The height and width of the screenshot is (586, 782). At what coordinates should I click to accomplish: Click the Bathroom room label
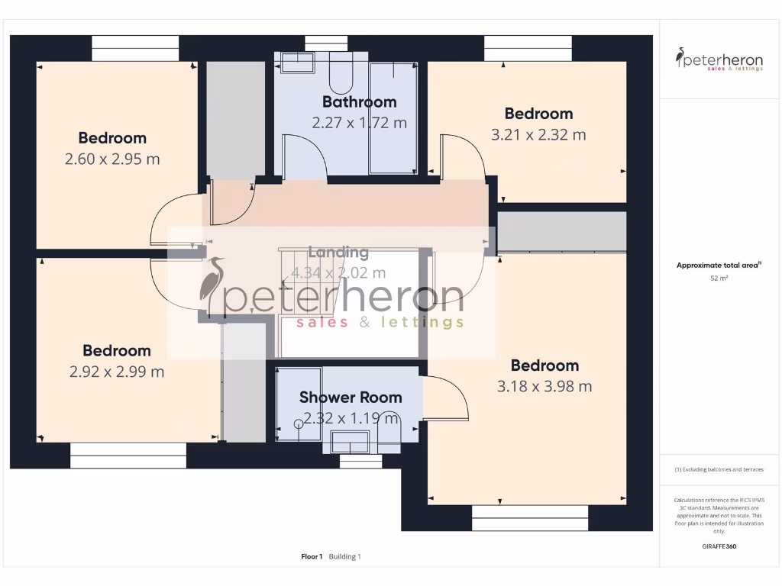pyautogui.click(x=359, y=101)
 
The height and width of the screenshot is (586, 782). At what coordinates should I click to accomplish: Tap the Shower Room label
pyautogui.click(x=350, y=397)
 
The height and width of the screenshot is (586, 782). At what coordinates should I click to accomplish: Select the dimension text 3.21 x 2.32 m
pyautogui.click(x=538, y=135)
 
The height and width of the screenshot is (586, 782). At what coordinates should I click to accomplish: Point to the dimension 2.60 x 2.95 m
pyautogui.click(x=112, y=159)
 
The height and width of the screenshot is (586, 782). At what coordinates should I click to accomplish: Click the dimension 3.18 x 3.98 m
pyautogui.click(x=544, y=387)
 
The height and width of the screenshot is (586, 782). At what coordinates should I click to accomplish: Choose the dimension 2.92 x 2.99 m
pyautogui.click(x=117, y=372)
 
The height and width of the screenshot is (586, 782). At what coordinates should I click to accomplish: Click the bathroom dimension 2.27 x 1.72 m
pyautogui.click(x=359, y=122)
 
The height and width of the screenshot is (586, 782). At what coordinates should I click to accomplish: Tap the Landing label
pyautogui.click(x=338, y=252)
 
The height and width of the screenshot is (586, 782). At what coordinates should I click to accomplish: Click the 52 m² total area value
pyautogui.click(x=719, y=279)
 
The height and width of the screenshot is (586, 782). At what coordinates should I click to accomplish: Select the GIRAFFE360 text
pyautogui.click(x=719, y=546)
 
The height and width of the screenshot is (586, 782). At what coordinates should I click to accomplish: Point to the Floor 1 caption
pyautogui.click(x=312, y=556)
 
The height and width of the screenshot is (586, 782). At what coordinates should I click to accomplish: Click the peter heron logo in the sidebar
pyautogui.click(x=719, y=60)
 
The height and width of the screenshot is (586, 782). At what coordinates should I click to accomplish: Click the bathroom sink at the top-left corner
pyautogui.click(x=297, y=63)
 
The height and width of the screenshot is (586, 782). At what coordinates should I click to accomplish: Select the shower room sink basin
pyautogui.click(x=350, y=440)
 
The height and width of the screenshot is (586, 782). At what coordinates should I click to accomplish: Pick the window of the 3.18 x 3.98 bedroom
pyautogui.click(x=530, y=517)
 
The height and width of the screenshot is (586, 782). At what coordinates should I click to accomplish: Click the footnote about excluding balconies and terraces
pyautogui.click(x=719, y=469)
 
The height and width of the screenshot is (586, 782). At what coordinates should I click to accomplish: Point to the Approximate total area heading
pyautogui.click(x=719, y=266)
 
